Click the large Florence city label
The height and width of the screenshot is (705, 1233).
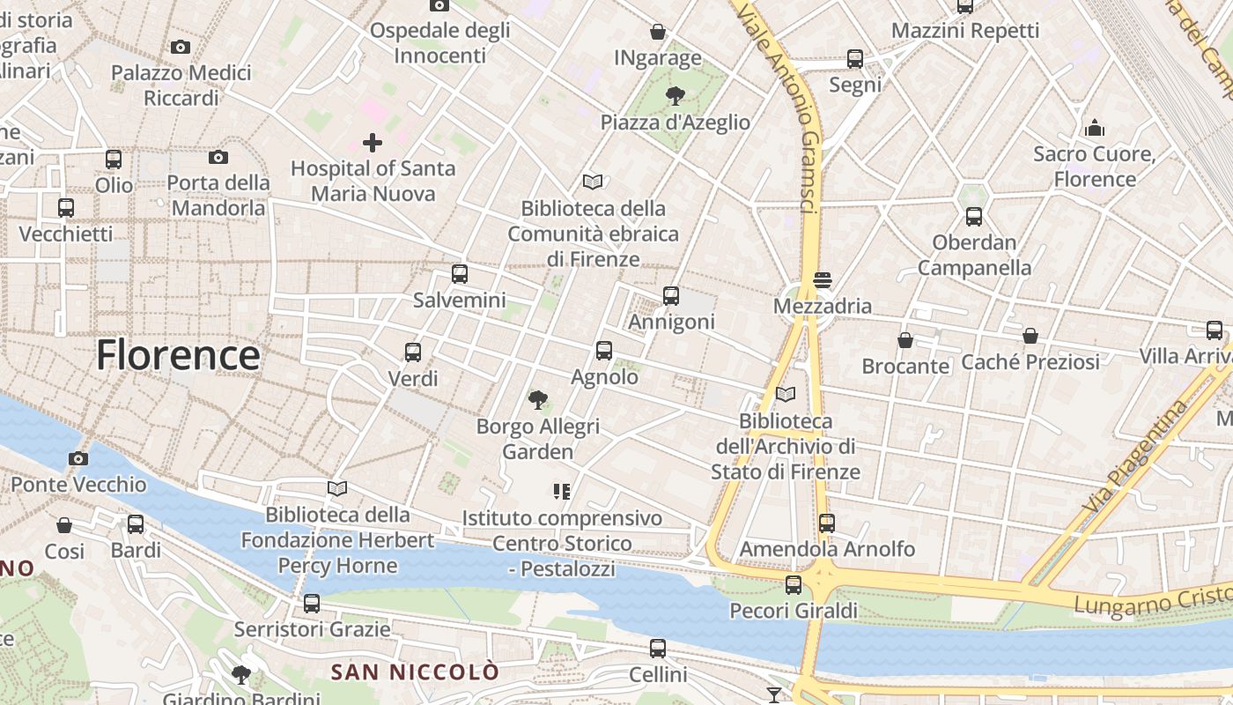click(177, 355)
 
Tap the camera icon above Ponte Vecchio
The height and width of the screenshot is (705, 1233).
click(78, 458)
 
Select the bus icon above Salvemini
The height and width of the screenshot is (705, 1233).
click(459, 274)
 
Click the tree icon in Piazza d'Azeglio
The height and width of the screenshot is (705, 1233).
click(676, 95)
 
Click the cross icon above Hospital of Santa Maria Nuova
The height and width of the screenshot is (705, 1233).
click(373, 142)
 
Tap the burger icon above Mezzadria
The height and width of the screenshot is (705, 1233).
click(823, 280)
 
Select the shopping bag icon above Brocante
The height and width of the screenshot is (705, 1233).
click(905, 340)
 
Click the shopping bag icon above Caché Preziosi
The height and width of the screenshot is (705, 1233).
click(1030, 336)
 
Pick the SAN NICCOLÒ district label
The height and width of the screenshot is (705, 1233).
click(415, 672)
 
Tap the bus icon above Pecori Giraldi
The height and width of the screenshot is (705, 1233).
click(794, 585)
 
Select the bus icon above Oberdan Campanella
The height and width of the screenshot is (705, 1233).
click(974, 216)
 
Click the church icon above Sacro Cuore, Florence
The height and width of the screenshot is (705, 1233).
click(1095, 128)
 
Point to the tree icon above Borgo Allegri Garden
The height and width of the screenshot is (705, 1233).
click(537, 400)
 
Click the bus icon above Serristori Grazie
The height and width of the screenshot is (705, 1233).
click(312, 604)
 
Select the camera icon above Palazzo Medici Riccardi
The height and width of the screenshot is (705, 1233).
click(181, 47)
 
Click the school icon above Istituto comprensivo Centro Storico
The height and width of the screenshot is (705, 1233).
click(562, 491)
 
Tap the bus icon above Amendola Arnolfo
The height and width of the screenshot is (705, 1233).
click(826, 523)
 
